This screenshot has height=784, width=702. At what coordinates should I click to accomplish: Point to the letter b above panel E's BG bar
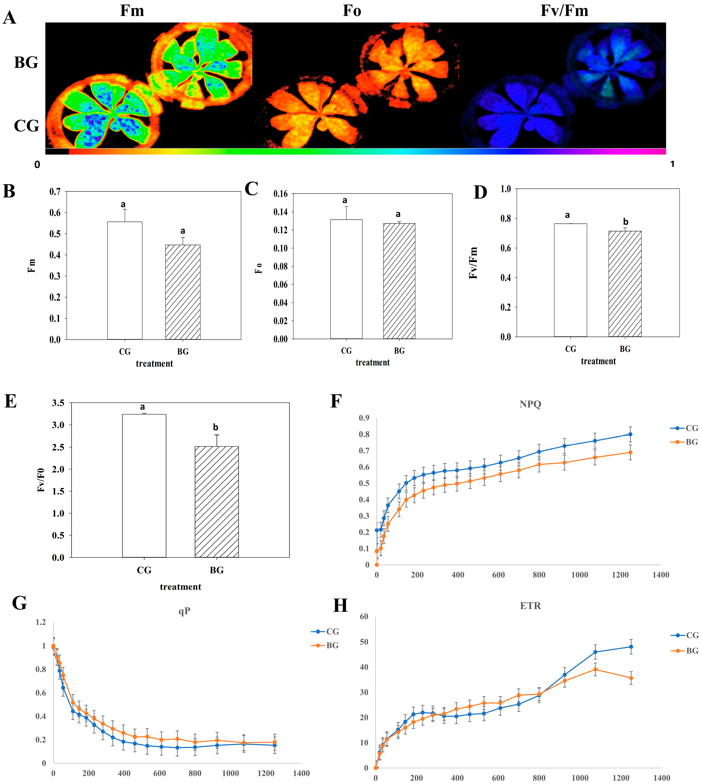[x=216, y=427]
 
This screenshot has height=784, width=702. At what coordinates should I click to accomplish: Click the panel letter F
[x=336, y=402]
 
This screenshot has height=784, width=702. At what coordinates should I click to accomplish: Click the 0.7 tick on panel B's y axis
[x=55, y=192]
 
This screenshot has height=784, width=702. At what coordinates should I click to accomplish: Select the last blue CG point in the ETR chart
[x=631, y=647]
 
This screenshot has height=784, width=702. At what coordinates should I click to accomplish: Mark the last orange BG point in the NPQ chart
[x=630, y=452]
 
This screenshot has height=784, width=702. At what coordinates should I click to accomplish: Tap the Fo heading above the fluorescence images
[x=352, y=10]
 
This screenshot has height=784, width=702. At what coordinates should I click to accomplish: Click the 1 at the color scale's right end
[x=672, y=164]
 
